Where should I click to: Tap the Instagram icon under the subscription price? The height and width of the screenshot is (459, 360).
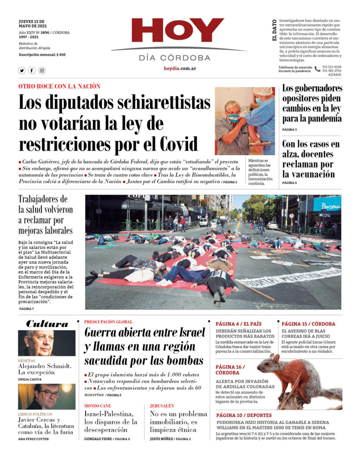pyautogui.click(x=42, y=70)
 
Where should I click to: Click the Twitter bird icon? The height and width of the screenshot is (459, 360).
pyautogui.click(x=22, y=70)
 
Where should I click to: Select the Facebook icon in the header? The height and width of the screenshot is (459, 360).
pyautogui.click(x=32, y=70)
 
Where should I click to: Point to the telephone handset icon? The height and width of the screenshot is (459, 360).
pyautogui.click(x=317, y=69)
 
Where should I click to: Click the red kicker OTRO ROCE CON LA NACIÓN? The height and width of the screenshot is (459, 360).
pyautogui.click(x=59, y=86)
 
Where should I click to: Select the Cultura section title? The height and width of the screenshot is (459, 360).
pyautogui.click(x=47, y=324)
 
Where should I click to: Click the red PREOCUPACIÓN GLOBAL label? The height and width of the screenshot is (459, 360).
pyautogui.click(x=108, y=322)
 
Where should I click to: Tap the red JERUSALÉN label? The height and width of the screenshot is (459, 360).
pyautogui.click(x=162, y=406)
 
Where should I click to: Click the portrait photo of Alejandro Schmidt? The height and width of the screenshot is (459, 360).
pyautogui.click(x=47, y=343)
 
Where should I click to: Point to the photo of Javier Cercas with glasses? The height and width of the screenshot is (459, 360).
pyautogui.click(x=47, y=396)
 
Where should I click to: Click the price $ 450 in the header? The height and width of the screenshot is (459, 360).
pyautogui.click(x=61, y=55)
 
